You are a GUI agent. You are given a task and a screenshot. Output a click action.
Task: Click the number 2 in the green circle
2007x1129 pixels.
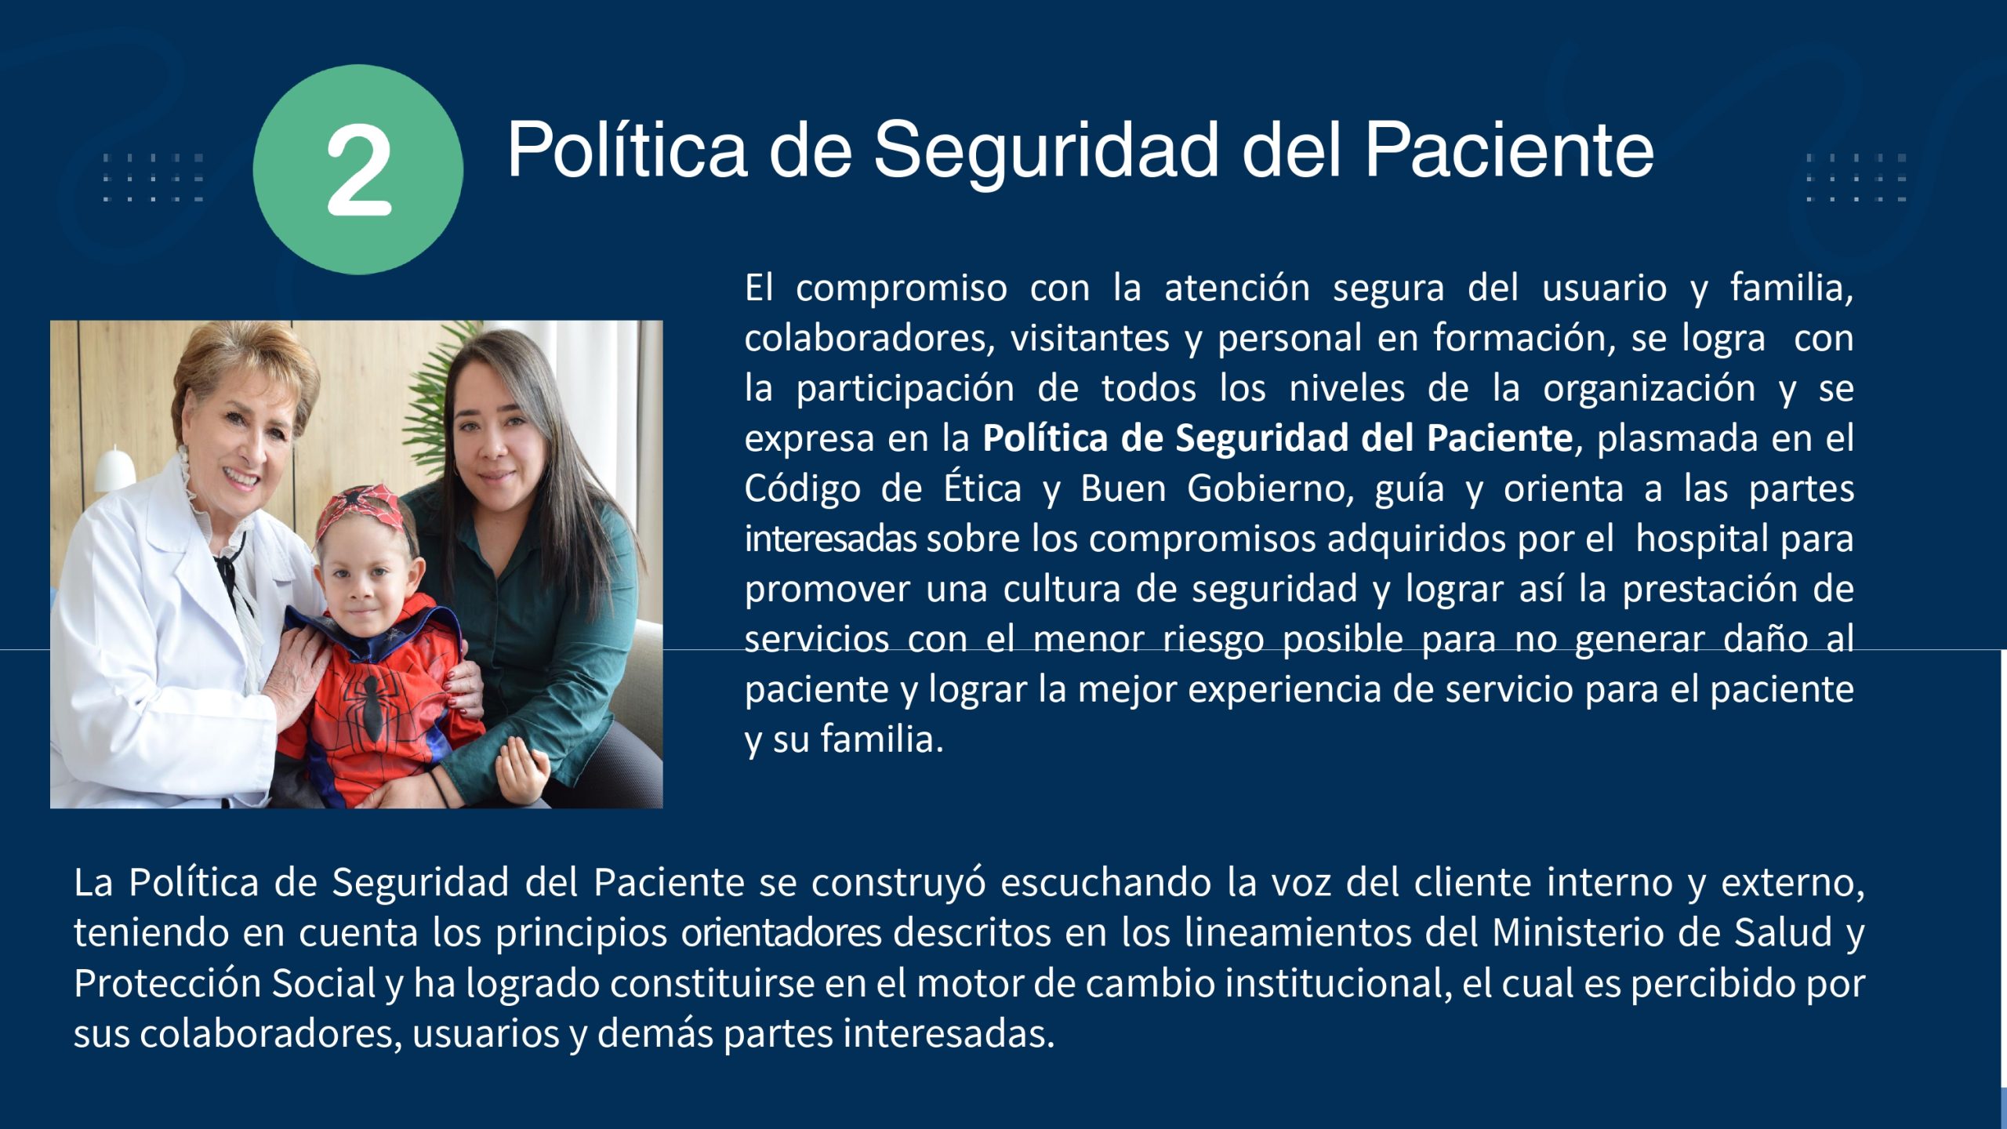coord(358,171)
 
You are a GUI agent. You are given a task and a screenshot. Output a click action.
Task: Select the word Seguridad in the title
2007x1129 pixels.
coord(1046,153)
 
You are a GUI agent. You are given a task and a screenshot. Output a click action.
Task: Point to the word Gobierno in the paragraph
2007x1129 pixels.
coord(1270,489)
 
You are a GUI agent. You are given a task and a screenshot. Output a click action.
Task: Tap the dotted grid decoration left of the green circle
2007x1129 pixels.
coord(153,178)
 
